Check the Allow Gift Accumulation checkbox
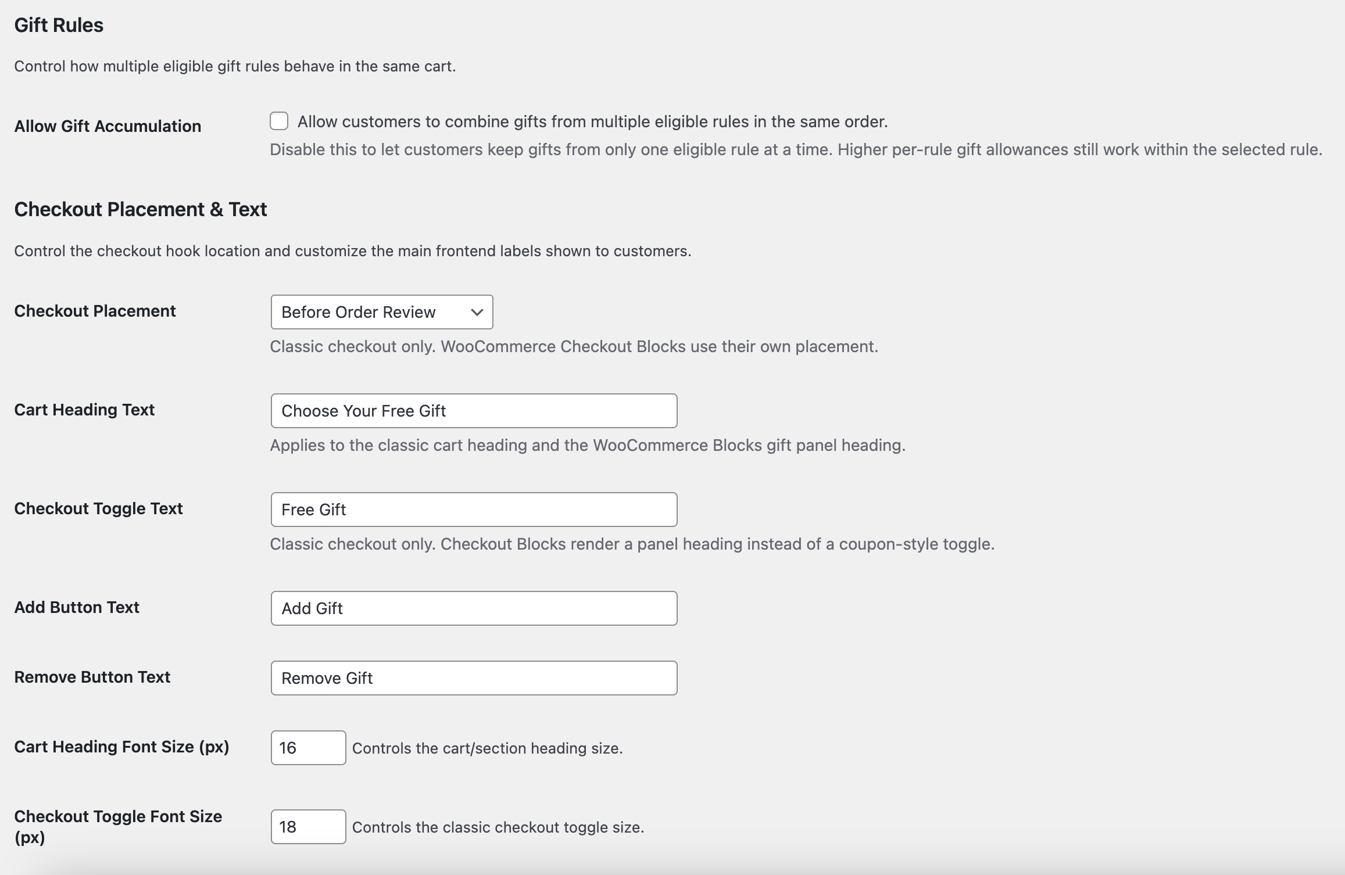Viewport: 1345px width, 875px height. click(x=279, y=121)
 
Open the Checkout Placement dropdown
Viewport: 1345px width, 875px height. click(x=381, y=312)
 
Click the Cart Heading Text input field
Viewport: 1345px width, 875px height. click(x=474, y=411)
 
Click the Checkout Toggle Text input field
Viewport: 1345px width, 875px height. click(x=474, y=510)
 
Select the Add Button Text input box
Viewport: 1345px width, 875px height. click(x=474, y=608)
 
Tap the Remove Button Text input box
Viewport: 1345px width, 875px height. click(x=474, y=678)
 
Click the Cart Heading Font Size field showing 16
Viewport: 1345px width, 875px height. click(x=308, y=748)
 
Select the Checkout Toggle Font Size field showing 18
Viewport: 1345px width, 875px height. click(x=308, y=827)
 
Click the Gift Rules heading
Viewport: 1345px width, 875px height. click(x=59, y=25)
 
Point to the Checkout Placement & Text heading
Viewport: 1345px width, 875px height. click(x=141, y=209)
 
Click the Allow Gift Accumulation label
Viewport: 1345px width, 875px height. click(x=108, y=126)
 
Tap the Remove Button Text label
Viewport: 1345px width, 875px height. click(x=92, y=677)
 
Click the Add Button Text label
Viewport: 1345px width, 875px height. click(x=77, y=607)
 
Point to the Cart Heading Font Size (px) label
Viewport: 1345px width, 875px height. click(x=121, y=747)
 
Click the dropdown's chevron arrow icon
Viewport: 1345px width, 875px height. click(x=477, y=312)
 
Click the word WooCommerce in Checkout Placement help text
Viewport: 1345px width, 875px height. click(x=498, y=346)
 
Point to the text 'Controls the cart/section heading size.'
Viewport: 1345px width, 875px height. click(x=487, y=748)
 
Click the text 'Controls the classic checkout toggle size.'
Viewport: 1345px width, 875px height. click(x=498, y=827)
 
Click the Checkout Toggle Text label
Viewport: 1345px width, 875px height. click(x=98, y=508)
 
